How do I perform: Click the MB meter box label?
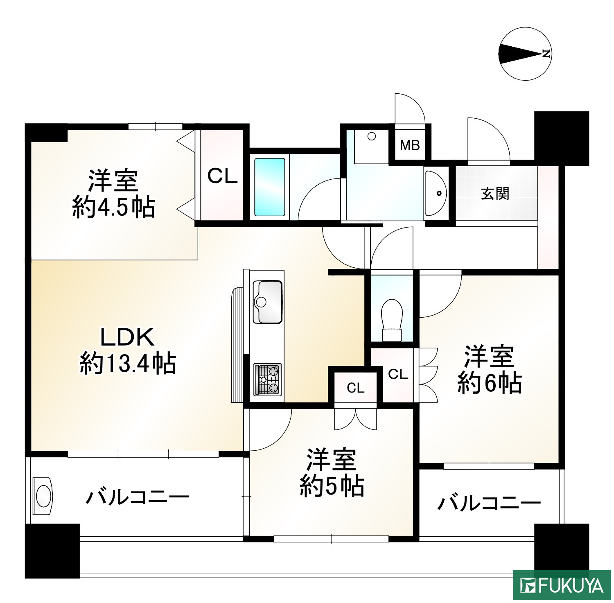[x=410, y=145]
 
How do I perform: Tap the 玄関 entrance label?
[x=495, y=193]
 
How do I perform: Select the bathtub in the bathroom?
[x=269, y=187]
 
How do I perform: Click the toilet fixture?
[x=391, y=319]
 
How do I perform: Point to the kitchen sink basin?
[x=267, y=301]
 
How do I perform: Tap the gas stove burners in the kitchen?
[x=268, y=379]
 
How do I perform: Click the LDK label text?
[x=127, y=337]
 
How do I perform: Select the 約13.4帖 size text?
[x=128, y=363]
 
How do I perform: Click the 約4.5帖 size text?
[x=113, y=207]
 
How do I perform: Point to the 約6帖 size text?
[x=489, y=383]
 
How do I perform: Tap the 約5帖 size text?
[x=332, y=486]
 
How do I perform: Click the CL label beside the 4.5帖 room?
[x=222, y=176]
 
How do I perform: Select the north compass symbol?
[x=525, y=54]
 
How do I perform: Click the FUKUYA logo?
[x=562, y=586]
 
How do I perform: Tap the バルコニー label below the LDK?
[x=137, y=497]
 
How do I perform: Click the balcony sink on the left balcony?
[x=43, y=496]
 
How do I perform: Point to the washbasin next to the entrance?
[x=436, y=193]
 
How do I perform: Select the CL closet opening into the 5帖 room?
[x=355, y=387]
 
